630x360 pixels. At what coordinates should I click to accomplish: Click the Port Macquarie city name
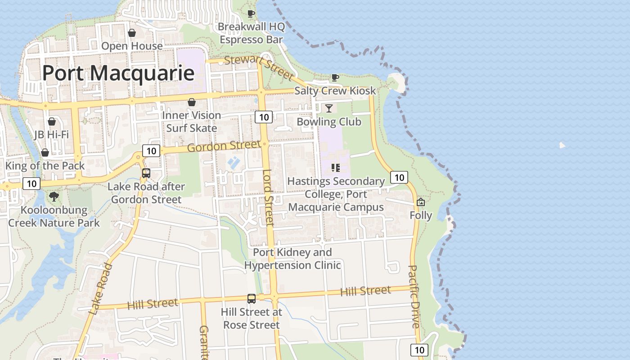tap(118, 73)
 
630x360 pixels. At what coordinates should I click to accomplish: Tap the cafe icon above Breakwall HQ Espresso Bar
tap(251, 14)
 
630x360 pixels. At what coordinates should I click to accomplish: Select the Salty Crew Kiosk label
tap(335, 90)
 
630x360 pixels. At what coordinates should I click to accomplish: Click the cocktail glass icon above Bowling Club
tap(329, 108)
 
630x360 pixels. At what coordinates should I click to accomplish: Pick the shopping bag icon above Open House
tap(132, 33)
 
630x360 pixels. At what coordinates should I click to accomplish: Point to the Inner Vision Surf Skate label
tap(192, 121)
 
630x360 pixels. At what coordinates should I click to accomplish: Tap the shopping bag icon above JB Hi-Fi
tap(52, 121)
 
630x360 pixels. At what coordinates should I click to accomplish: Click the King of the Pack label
tap(45, 166)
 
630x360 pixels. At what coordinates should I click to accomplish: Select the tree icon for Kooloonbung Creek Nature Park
tap(54, 197)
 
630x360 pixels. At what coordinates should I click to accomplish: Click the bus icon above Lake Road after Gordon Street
tap(146, 173)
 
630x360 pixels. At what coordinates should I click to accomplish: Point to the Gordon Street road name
tap(224, 146)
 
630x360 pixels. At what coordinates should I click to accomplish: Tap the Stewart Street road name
tap(259, 66)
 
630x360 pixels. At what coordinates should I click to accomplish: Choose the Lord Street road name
tap(268, 197)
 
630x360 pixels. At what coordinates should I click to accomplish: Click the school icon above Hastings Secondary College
tap(335, 168)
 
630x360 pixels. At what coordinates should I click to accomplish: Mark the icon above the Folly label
tap(421, 202)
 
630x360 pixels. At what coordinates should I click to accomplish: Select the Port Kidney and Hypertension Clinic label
tap(292, 259)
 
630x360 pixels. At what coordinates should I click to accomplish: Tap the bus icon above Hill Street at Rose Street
tap(252, 298)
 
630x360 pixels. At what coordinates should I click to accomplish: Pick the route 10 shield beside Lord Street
tap(264, 117)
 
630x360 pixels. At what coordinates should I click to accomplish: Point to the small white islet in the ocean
tap(562, 145)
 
